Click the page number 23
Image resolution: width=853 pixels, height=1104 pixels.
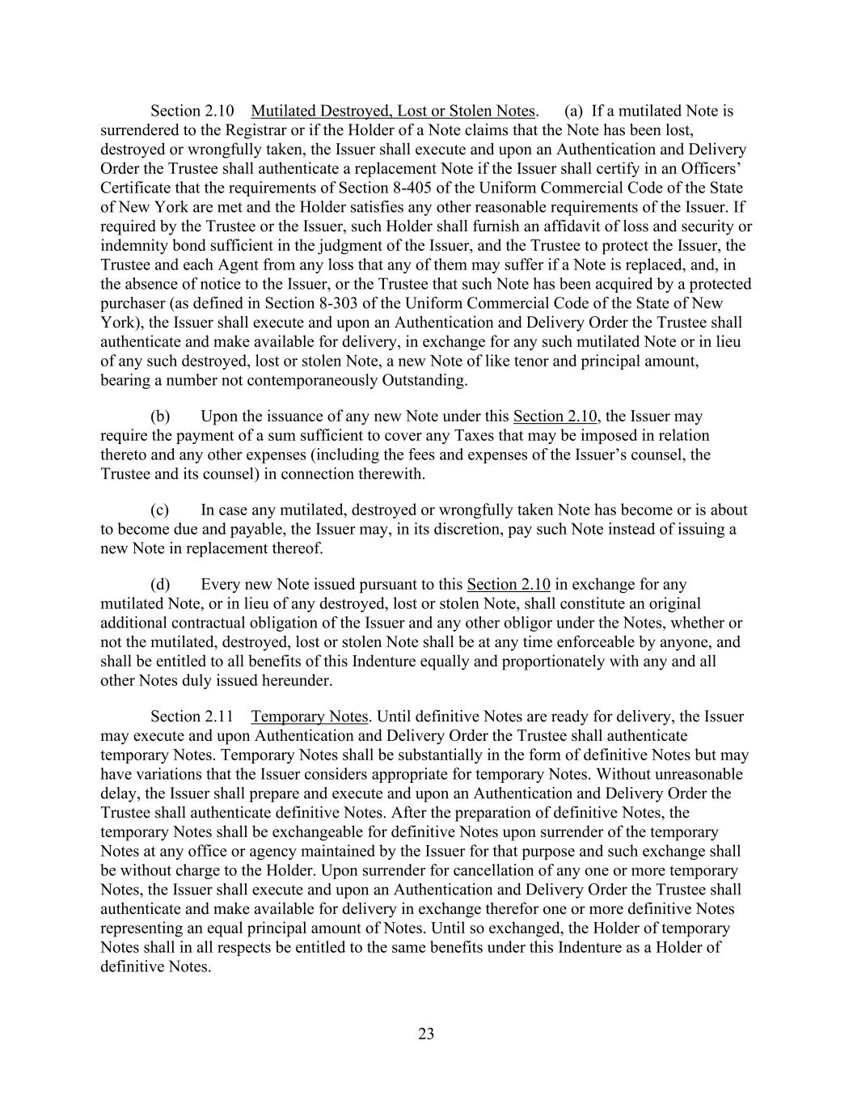point(426,1034)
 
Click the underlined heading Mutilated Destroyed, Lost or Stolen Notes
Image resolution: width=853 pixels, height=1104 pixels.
point(393,111)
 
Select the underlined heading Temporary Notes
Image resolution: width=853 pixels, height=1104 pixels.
point(310,717)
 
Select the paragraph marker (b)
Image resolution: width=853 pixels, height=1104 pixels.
point(160,417)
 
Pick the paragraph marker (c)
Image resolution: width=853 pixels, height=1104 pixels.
point(160,510)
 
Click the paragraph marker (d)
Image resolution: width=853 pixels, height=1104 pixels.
point(160,585)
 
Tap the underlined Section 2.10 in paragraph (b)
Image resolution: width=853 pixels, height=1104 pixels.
point(555,417)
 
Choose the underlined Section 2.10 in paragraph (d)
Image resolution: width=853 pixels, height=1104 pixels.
point(509,585)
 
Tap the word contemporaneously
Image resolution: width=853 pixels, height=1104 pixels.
point(307,380)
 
